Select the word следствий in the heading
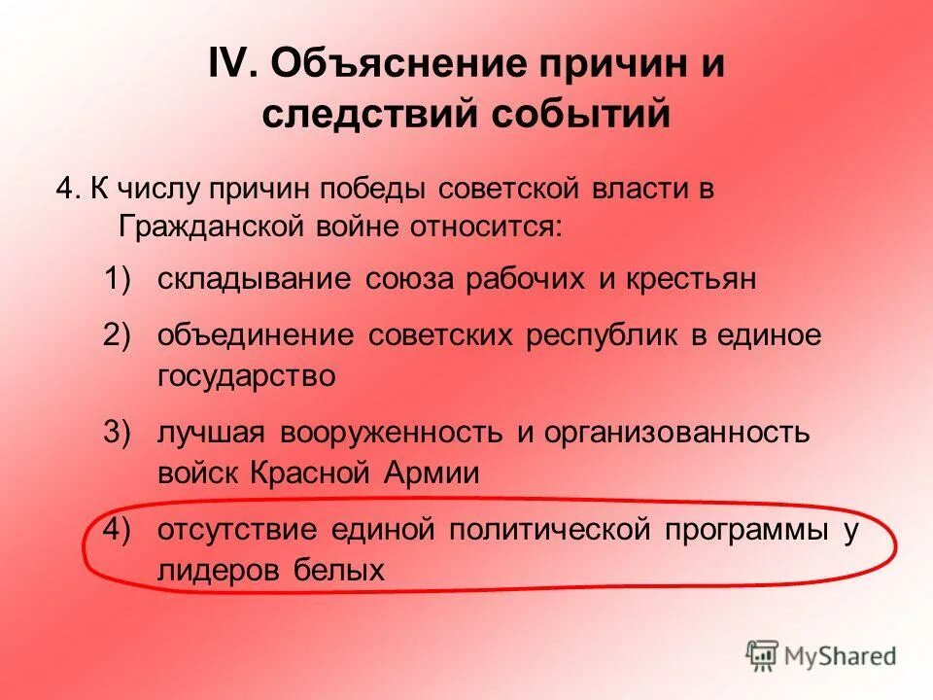click(369, 114)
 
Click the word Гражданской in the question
click(210, 227)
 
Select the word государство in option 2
click(246, 376)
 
